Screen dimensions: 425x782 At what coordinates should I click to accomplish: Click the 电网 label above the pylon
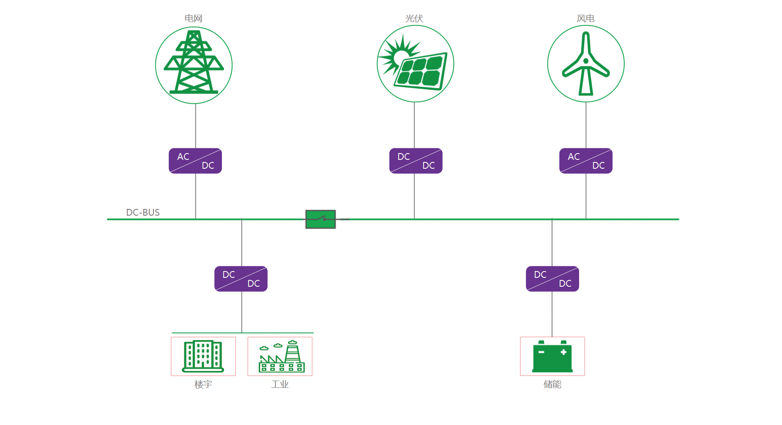pyautogui.click(x=194, y=18)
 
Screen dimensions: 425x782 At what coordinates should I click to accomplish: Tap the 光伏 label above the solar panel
pyautogui.click(x=414, y=18)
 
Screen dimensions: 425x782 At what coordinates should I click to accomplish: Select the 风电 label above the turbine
pyautogui.click(x=585, y=18)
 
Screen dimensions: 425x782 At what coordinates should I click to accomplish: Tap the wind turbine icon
pyautogui.click(x=585, y=64)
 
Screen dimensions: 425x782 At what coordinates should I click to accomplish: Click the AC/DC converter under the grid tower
pyautogui.click(x=195, y=161)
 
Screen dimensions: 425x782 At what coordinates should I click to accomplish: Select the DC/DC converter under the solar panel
pyautogui.click(x=416, y=161)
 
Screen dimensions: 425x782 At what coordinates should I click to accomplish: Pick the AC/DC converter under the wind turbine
pyautogui.click(x=585, y=161)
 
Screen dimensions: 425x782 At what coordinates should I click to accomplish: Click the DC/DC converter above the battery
pyautogui.click(x=552, y=279)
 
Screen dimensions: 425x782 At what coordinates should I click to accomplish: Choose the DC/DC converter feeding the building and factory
pyautogui.click(x=241, y=279)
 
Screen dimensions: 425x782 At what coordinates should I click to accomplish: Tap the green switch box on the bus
pyautogui.click(x=320, y=219)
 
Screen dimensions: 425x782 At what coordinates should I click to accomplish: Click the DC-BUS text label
pyautogui.click(x=143, y=212)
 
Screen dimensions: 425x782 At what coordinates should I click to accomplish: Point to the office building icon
pyautogui.click(x=203, y=356)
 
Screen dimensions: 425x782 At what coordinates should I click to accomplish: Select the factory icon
pyautogui.click(x=281, y=357)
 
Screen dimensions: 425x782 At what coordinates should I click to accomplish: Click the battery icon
pyautogui.click(x=552, y=357)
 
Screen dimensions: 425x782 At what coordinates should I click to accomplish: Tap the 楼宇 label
pyautogui.click(x=203, y=384)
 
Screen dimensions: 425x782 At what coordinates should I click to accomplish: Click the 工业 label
pyautogui.click(x=280, y=384)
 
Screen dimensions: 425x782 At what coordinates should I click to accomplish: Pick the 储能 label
pyautogui.click(x=552, y=384)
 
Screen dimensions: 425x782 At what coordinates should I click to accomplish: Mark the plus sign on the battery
pyautogui.click(x=563, y=352)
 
